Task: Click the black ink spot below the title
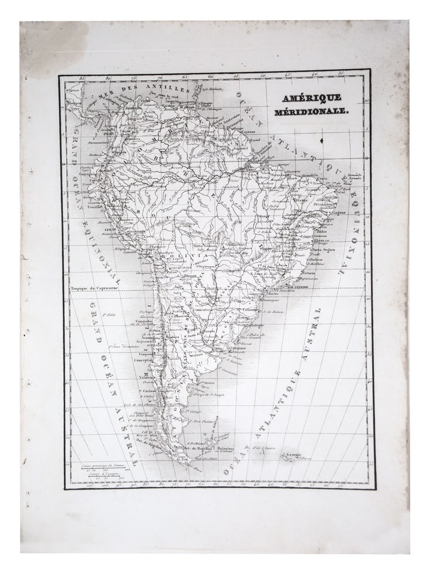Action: click(322, 140)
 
